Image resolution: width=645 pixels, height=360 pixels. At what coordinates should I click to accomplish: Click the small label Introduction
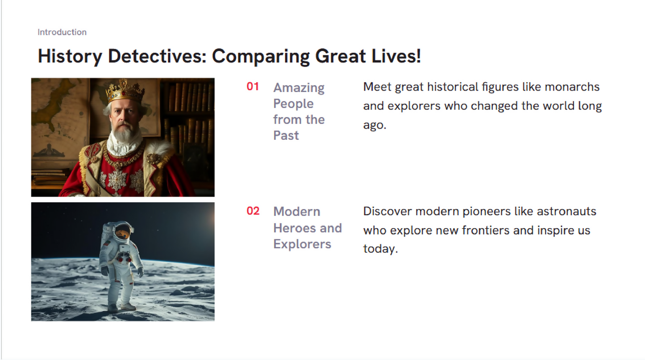(62, 32)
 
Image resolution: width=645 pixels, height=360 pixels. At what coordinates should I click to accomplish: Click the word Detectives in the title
(157, 56)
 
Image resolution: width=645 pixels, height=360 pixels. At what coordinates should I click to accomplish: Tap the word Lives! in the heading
(396, 56)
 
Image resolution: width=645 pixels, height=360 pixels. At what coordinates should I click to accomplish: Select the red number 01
(253, 87)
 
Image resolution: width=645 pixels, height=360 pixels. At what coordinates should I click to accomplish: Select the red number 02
(253, 211)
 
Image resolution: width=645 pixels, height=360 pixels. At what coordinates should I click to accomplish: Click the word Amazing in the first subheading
(299, 88)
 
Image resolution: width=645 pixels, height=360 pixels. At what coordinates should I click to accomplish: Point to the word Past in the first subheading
(286, 135)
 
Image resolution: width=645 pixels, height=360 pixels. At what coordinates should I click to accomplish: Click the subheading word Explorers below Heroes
(302, 244)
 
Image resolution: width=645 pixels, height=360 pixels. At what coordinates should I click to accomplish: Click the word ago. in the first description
(375, 126)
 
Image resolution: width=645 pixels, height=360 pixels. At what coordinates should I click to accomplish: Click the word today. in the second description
(380, 249)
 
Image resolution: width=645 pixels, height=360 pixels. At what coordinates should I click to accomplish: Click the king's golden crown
(125, 91)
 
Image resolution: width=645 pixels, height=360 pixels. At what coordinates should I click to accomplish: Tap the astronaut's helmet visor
(123, 232)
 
